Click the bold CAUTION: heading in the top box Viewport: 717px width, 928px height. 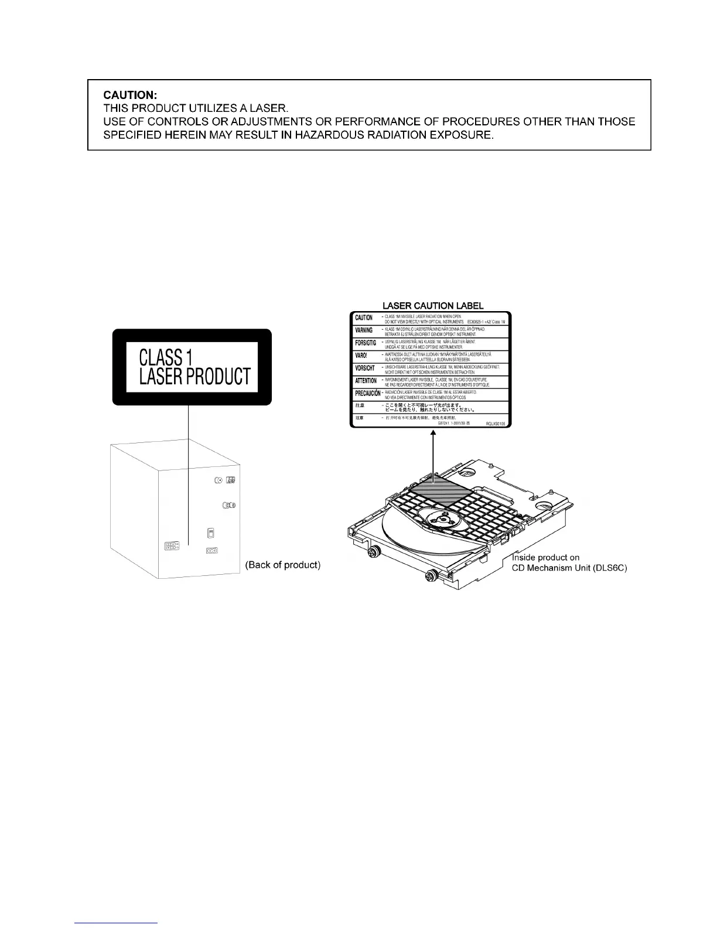coord(125,94)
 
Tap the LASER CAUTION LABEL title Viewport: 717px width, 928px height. coord(433,305)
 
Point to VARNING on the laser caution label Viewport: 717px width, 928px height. coord(364,330)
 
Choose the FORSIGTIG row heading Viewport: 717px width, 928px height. coord(366,343)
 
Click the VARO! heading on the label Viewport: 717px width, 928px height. coord(361,356)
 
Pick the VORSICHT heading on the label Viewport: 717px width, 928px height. coord(365,369)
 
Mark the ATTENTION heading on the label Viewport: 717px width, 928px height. coord(366,381)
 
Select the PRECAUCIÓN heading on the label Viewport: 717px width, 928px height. coord(367,394)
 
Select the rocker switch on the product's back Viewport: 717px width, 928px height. coord(211,533)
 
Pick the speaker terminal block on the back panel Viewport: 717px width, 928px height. coord(171,547)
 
